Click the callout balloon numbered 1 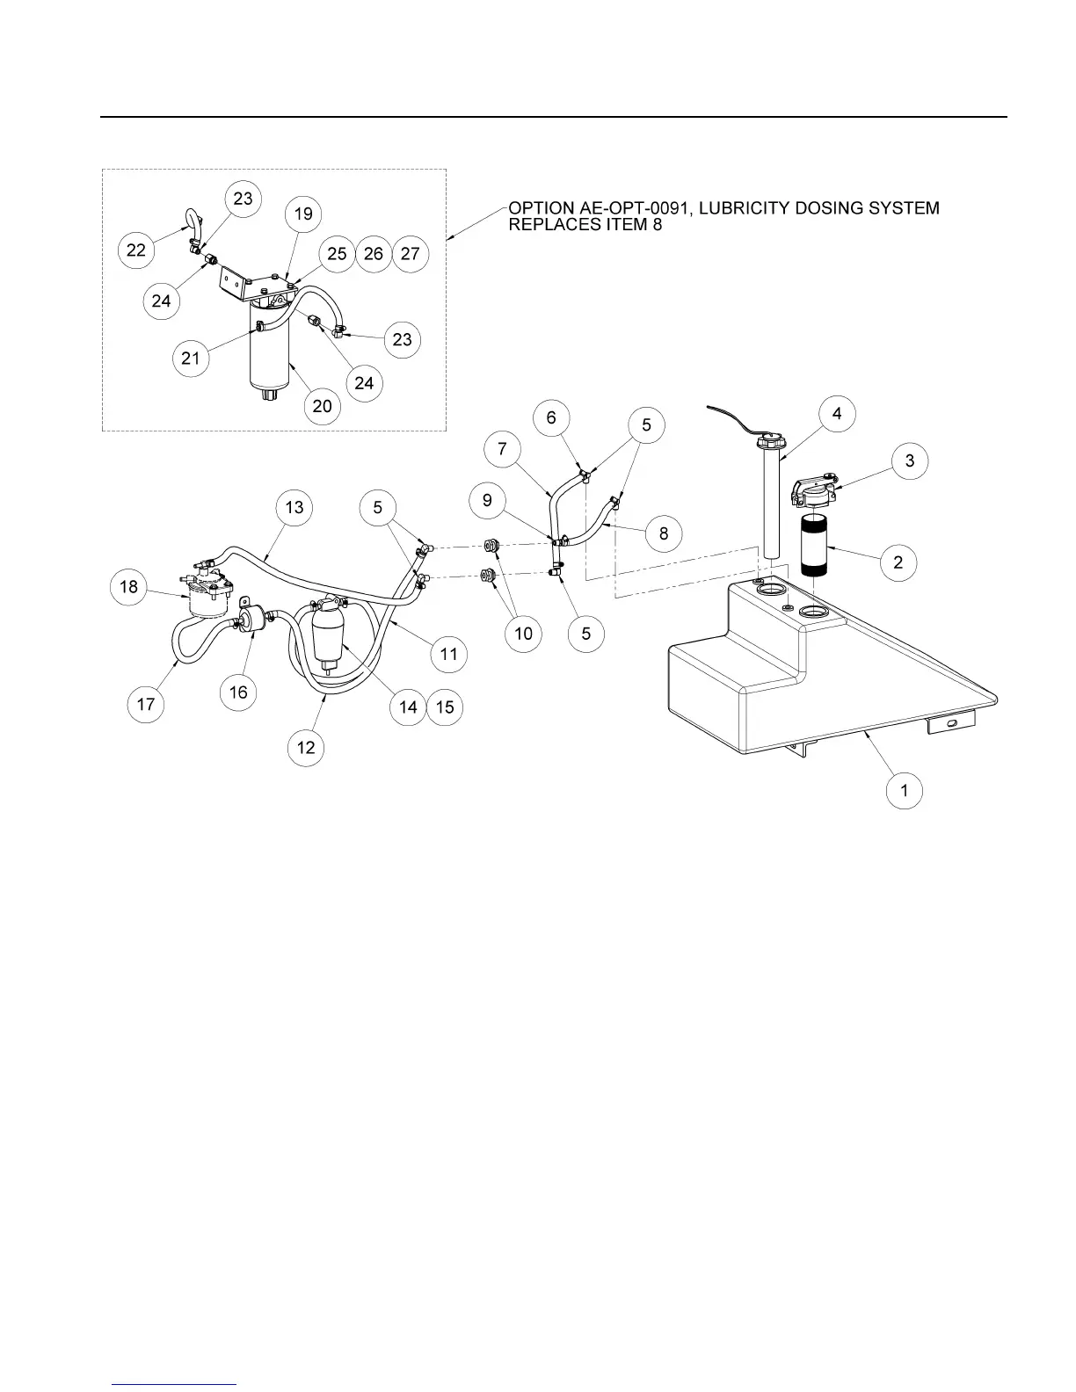click(905, 790)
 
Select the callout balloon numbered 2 click(898, 562)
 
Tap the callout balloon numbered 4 click(836, 414)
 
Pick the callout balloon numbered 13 click(294, 507)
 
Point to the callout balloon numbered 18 click(129, 586)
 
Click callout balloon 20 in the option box click(323, 406)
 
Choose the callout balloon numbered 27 click(410, 254)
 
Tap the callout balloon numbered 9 click(487, 502)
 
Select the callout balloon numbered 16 click(238, 692)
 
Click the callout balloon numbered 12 click(306, 747)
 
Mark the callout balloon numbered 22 click(136, 250)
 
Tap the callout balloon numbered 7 click(502, 449)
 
